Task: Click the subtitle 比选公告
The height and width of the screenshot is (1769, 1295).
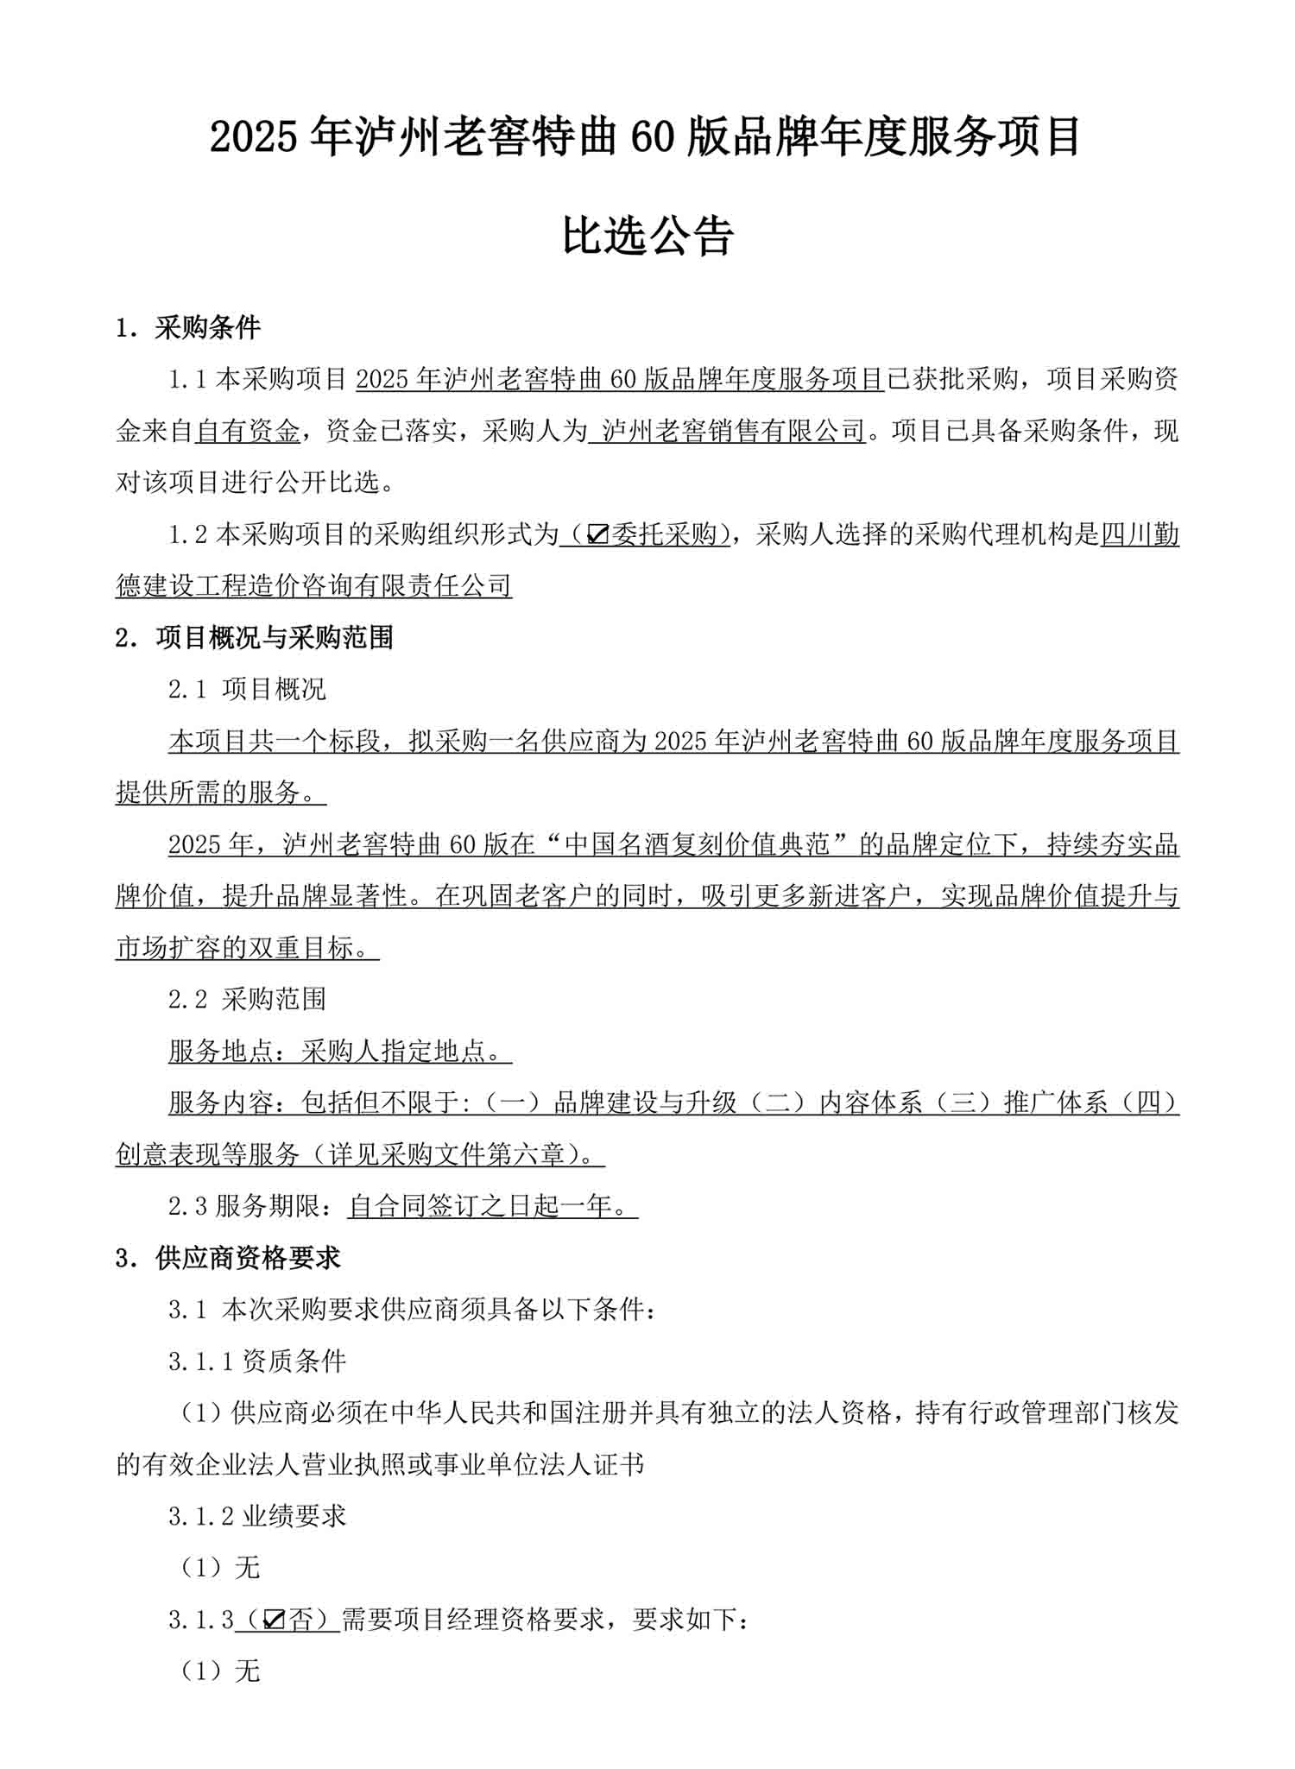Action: tap(647, 235)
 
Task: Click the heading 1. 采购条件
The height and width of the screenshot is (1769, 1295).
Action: tap(188, 328)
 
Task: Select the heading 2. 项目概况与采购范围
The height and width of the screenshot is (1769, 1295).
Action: tap(255, 638)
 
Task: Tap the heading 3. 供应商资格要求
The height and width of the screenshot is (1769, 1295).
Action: tap(228, 1258)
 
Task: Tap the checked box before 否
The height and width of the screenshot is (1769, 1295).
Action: tap(274, 1621)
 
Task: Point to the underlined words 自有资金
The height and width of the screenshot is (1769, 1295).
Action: tap(248, 432)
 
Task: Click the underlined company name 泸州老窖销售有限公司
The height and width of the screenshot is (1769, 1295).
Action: tap(732, 432)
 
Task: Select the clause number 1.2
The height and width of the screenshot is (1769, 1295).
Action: tap(188, 535)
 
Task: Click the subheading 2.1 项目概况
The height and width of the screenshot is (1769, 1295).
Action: tap(247, 689)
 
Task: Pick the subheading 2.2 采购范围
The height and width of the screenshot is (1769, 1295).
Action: tap(247, 1000)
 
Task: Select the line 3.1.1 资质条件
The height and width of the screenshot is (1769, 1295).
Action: tap(257, 1361)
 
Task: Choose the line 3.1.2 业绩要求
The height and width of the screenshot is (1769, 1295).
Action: tap(257, 1517)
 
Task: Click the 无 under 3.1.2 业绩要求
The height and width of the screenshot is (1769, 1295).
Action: tap(247, 1569)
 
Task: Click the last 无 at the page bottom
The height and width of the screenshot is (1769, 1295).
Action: tap(247, 1672)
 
